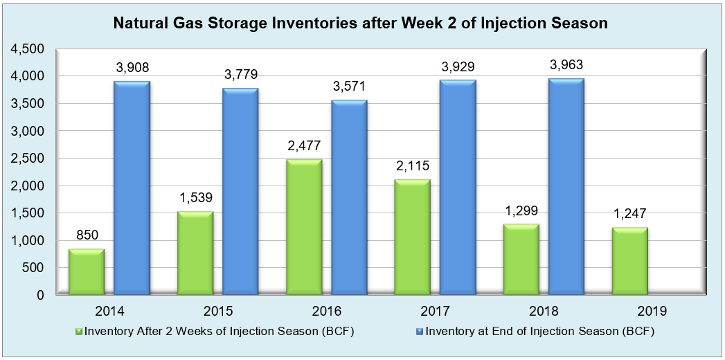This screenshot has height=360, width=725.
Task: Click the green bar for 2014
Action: coord(86,271)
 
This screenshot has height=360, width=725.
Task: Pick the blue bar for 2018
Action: coord(566,187)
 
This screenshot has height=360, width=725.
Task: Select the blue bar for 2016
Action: coord(350,197)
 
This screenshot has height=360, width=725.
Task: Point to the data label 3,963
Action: coord(566,66)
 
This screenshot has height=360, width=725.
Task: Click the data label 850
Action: coord(86,236)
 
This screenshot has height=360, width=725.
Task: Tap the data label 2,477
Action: coord(303,147)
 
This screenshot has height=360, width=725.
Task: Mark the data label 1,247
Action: coord(630,215)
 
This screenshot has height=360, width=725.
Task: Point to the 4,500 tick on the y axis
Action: coord(28,49)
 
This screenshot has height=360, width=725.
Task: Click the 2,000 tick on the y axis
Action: coord(28,186)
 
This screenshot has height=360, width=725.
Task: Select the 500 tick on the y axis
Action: coord(34,268)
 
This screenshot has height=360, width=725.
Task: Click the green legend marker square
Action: coord(79,332)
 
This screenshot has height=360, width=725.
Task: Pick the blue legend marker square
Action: coord(420,332)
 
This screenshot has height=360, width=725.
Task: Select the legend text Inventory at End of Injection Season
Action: coord(526,331)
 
